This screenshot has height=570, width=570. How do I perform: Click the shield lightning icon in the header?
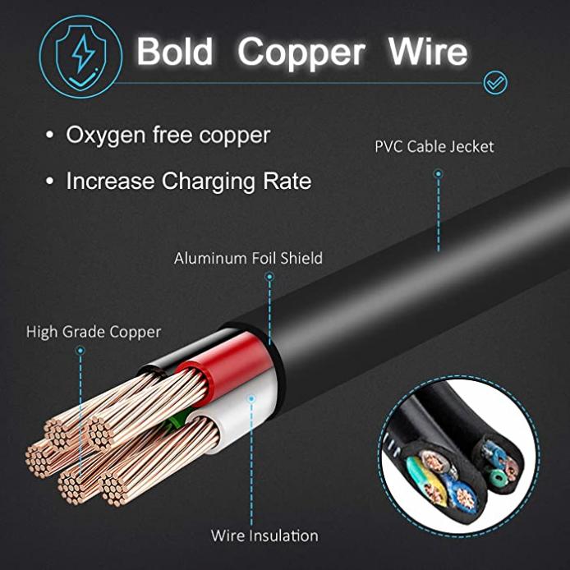click(80, 57)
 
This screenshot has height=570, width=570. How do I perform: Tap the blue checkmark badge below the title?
click(495, 83)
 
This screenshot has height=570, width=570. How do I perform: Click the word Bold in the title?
click(174, 51)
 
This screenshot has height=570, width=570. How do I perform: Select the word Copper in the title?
click(301, 54)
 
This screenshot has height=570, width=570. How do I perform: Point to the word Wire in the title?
click(428, 51)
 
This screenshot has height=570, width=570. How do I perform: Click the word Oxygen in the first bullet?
click(105, 136)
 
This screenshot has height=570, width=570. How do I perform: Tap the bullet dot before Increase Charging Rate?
click(50, 181)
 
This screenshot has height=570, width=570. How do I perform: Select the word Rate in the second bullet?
click(287, 181)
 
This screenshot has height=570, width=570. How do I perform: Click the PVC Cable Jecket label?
click(434, 147)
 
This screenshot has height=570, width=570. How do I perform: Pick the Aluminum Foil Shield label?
click(248, 258)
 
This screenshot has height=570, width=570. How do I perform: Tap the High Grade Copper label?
click(94, 333)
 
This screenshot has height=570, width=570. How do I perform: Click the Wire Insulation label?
click(264, 536)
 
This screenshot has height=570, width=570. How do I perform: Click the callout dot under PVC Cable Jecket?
click(439, 174)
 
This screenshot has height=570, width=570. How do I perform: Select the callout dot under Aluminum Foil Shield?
click(269, 277)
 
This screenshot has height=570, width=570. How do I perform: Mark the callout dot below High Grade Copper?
click(80, 351)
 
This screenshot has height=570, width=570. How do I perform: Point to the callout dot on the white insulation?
click(251, 399)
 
